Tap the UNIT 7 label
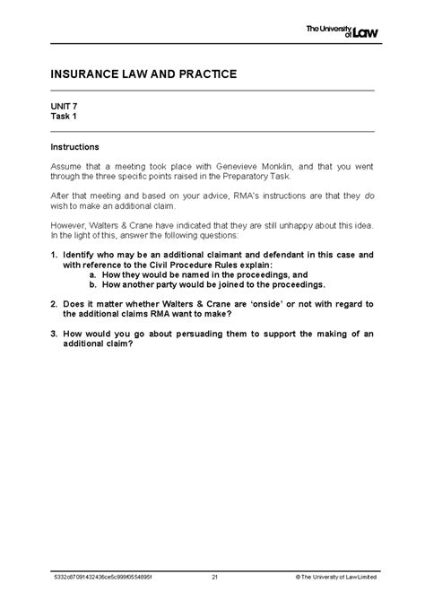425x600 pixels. point(64,106)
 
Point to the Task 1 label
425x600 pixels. point(65,116)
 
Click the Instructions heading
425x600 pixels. point(74,146)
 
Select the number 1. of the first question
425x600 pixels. point(55,256)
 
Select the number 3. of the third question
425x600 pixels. point(55,335)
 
